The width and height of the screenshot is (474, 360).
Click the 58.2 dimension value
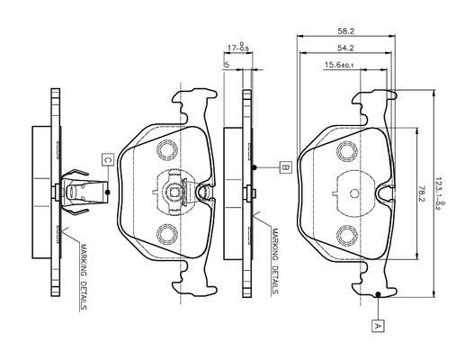pyautogui.click(x=345, y=31)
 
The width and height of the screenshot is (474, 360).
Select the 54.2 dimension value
pyautogui.click(x=345, y=48)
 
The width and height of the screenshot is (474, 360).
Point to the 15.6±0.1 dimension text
pyautogui.click(x=339, y=65)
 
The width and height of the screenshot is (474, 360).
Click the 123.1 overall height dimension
pyautogui.click(x=439, y=193)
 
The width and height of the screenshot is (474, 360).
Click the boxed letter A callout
pyautogui.click(x=378, y=326)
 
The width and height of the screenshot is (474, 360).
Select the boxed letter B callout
pyautogui.click(x=285, y=167)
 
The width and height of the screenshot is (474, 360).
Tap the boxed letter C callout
pyautogui.click(x=108, y=159)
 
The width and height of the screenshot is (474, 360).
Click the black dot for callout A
pyautogui.click(x=378, y=294)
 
